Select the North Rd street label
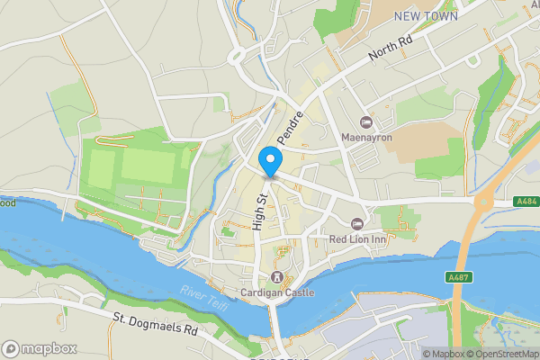click(391, 53)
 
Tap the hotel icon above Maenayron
click(365, 121)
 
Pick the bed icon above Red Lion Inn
click(356, 222)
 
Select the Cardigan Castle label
click(277, 292)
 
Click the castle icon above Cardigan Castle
click(277, 276)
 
